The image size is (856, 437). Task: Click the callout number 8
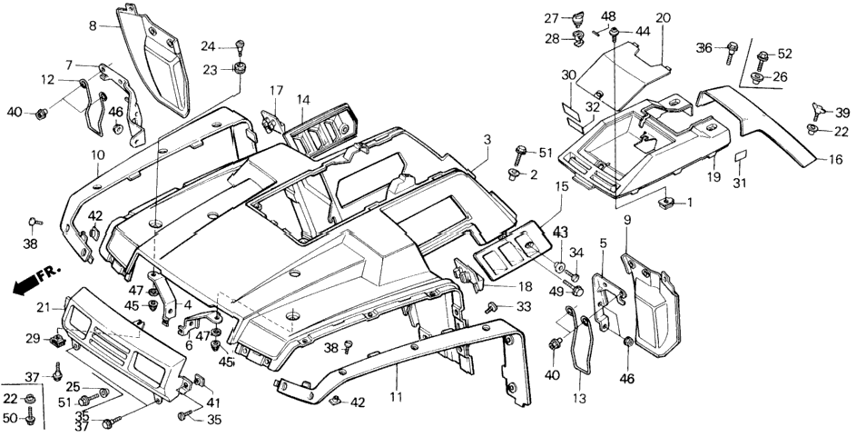(x=93, y=25)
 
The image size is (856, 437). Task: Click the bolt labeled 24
(x=240, y=46)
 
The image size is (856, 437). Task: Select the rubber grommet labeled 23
(x=239, y=69)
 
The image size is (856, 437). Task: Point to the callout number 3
(x=487, y=140)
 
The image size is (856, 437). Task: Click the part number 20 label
(x=663, y=18)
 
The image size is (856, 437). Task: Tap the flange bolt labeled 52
(x=763, y=55)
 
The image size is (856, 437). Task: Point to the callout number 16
(x=835, y=160)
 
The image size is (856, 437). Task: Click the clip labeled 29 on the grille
(x=57, y=342)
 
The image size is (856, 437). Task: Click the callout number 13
(x=580, y=400)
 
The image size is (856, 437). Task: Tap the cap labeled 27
(x=576, y=18)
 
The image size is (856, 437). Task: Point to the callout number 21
(x=44, y=308)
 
